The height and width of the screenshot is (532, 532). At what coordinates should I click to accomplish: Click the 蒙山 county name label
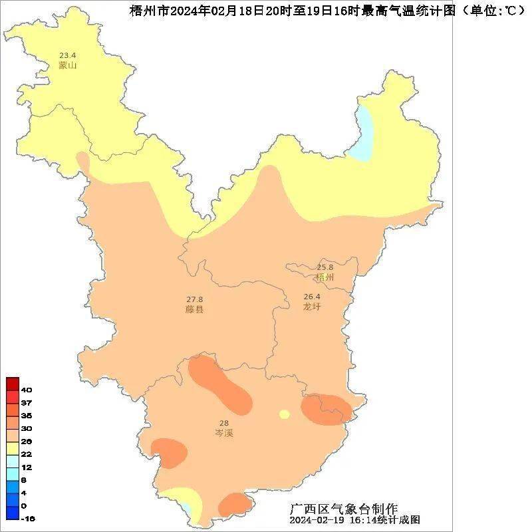[x=67, y=65]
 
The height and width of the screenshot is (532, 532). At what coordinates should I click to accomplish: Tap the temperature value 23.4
[x=67, y=55]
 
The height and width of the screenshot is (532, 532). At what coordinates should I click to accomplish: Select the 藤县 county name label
[x=194, y=309]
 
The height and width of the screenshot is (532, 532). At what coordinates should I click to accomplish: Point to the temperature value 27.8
[x=194, y=299]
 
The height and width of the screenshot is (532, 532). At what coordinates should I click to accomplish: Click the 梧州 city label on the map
[x=325, y=277]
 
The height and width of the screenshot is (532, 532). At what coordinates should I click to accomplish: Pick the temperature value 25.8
[x=325, y=267]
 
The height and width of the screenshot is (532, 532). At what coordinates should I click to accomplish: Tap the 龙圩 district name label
[x=311, y=307]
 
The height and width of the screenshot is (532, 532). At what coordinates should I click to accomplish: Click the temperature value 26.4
[x=311, y=297]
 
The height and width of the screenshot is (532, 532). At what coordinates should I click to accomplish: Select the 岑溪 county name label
[x=223, y=433]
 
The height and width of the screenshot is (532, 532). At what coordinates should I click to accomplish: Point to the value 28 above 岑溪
[x=223, y=423]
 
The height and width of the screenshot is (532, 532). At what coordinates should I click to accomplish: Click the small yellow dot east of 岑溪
[x=285, y=414]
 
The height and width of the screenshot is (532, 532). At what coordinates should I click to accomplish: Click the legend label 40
[x=27, y=390]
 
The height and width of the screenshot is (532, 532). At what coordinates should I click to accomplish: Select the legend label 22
[x=27, y=454]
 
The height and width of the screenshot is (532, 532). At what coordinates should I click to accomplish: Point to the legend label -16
[x=27, y=519]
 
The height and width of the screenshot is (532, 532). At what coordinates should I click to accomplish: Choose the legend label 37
[x=27, y=403]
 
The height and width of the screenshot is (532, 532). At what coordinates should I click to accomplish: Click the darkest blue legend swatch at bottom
[x=13, y=513]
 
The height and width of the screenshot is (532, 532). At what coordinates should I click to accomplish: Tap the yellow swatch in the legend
[x=13, y=448]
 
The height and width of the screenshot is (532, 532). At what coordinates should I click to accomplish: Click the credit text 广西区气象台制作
[x=344, y=509]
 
